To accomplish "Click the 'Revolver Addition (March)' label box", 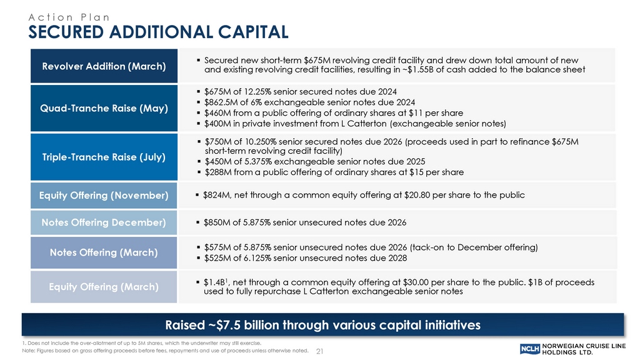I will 100,65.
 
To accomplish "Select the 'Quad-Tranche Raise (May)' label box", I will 100,108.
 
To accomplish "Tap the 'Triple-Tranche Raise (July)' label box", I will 100,156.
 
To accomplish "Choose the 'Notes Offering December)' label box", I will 100,222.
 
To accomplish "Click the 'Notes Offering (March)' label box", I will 100,252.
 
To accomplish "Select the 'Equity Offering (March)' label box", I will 100,287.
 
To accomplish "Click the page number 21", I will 321,351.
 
